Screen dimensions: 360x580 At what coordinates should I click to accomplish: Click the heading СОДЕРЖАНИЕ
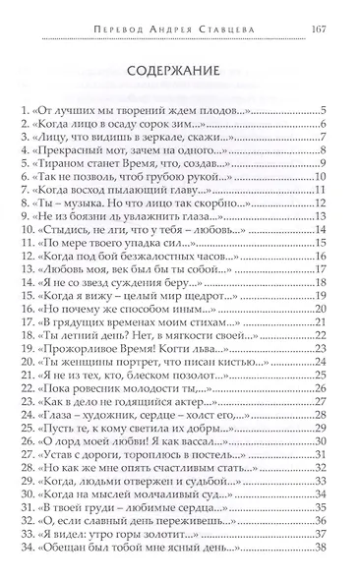pyautogui.click(x=180, y=70)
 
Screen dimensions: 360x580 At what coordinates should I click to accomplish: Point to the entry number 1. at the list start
pyautogui.click(x=37, y=110)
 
